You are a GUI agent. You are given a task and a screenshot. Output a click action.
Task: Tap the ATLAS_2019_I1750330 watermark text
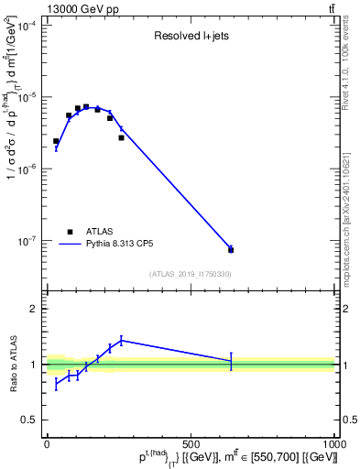tap(190, 274)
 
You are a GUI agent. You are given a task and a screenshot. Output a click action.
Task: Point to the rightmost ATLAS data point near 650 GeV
tap(231, 249)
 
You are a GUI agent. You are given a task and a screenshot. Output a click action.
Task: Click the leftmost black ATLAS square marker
tap(56, 141)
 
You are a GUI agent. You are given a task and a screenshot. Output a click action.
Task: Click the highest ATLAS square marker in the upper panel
tap(86, 107)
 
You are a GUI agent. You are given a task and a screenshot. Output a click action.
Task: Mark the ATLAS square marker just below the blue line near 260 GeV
tap(121, 137)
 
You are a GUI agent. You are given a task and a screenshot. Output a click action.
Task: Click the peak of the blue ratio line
tap(121, 340)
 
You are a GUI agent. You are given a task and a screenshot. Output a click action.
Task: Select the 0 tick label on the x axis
tap(47, 443)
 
